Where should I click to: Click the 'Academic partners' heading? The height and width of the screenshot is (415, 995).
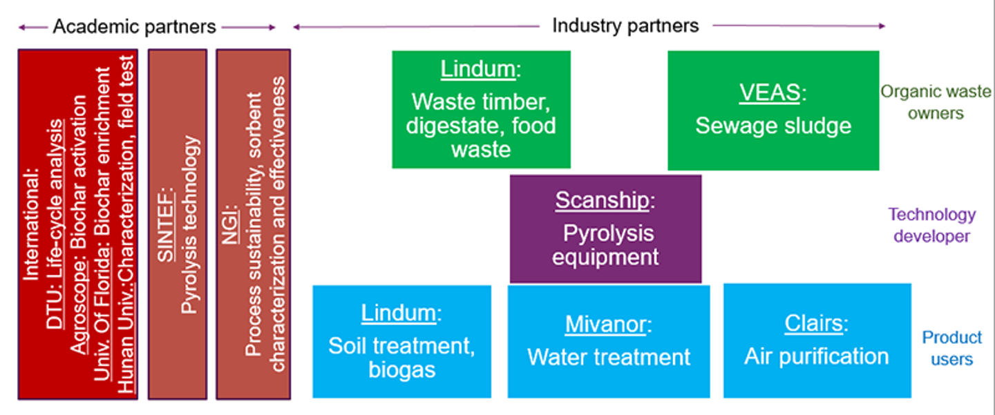[x=134, y=27]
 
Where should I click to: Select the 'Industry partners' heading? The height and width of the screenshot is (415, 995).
[x=625, y=26]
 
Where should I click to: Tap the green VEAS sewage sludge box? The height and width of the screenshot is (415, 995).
[x=773, y=110]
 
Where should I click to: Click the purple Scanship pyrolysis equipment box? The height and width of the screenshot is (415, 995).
[x=605, y=229]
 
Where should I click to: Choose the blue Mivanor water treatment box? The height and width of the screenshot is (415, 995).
[x=608, y=341]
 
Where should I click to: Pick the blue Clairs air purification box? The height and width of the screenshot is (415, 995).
[x=817, y=341]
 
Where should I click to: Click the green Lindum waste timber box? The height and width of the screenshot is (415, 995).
[x=481, y=109]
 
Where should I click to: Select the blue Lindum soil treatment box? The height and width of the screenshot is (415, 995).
[x=401, y=341]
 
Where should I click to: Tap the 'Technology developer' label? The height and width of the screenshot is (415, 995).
[x=931, y=225]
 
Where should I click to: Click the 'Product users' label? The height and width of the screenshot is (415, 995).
[x=951, y=348]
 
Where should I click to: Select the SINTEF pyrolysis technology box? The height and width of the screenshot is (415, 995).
[x=178, y=224]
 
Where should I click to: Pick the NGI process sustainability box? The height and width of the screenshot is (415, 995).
[x=253, y=224]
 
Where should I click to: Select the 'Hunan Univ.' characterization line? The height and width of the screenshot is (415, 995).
[x=126, y=224]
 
